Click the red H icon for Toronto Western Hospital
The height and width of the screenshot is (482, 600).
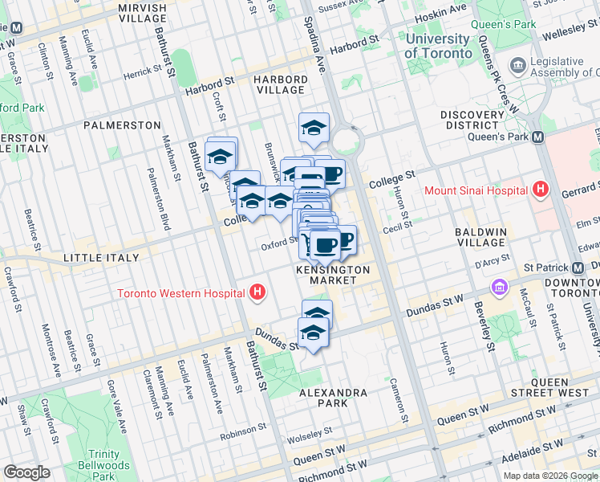coord(257,293)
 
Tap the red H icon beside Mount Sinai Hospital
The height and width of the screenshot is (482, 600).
coord(541,190)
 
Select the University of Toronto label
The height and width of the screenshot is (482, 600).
coord(438,46)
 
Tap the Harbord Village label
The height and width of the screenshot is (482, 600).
coord(280,85)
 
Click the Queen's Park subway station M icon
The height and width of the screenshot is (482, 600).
coord(537,137)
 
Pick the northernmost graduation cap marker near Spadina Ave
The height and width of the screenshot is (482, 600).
coord(314,127)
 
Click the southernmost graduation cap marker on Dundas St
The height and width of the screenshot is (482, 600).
coord(314,333)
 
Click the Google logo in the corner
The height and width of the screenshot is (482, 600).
coord(27,472)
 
